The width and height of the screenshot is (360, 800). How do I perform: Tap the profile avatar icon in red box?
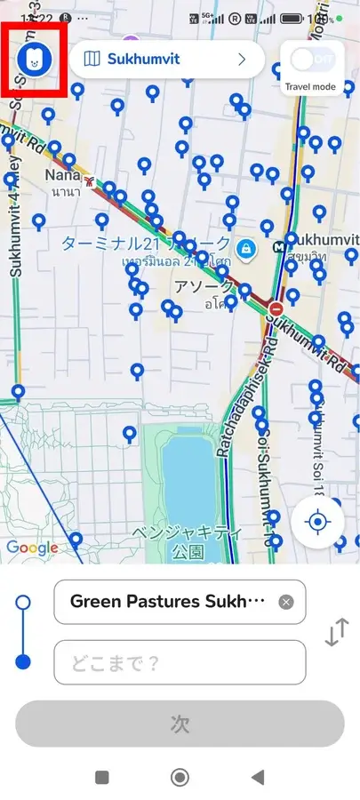point(35,60)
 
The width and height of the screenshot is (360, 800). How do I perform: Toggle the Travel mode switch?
point(311,60)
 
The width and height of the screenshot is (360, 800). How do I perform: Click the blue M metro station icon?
point(291,240)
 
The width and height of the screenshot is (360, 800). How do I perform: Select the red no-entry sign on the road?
point(276,308)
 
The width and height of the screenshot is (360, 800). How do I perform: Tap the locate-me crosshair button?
point(317,521)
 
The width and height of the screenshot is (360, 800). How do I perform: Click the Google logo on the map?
point(31,548)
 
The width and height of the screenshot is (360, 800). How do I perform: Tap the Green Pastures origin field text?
point(167,602)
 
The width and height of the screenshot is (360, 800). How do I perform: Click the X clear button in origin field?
point(285,602)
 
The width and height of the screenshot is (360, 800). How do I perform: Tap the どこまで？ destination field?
point(180,662)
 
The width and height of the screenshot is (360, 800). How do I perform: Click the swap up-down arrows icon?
point(336,632)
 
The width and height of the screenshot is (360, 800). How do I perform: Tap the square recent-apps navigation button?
point(102,777)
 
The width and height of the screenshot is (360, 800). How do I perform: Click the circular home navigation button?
point(180,777)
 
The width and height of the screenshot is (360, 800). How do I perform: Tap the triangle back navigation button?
point(258,777)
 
